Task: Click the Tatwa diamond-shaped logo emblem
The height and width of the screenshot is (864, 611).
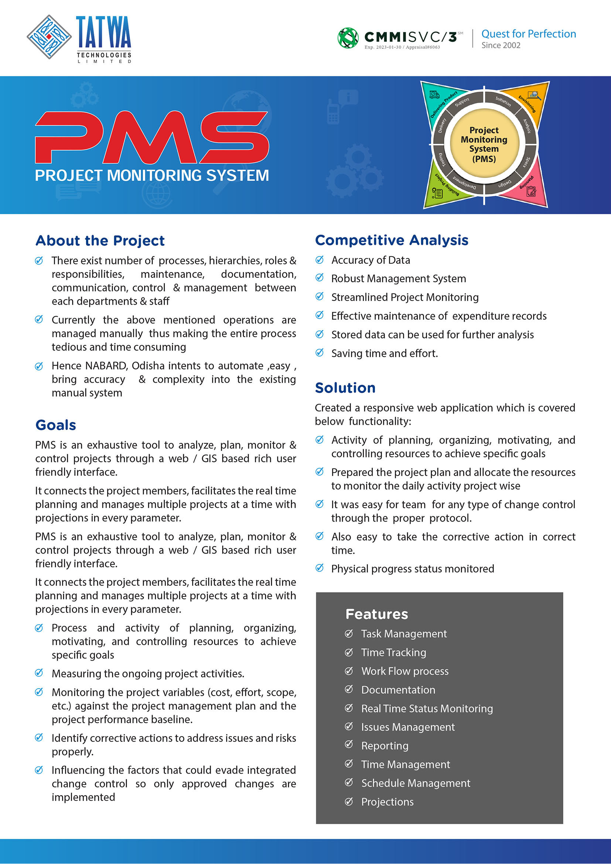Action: tap(49, 37)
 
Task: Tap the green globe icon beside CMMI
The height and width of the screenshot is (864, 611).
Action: tap(348, 38)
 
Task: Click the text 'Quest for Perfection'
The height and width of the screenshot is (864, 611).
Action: tap(528, 34)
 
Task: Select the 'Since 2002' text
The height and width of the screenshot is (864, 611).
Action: tap(501, 45)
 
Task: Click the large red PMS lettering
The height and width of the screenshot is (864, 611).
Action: tap(151, 137)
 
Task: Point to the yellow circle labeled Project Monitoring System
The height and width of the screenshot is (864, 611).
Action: tap(484, 144)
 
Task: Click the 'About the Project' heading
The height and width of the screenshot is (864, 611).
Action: tap(100, 241)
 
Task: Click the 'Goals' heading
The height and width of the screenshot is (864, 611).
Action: tap(56, 425)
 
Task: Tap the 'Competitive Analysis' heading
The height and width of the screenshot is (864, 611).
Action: tap(391, 240)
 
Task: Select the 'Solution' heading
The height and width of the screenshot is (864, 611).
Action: tap(345, 388)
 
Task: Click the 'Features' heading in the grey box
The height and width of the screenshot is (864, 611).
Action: tap(376, 614)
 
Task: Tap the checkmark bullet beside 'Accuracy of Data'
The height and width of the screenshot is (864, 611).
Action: tap(320, 260)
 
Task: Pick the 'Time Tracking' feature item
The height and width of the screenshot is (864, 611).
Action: tap(393, 652)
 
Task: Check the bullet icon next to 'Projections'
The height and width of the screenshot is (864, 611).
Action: tap(349, 802)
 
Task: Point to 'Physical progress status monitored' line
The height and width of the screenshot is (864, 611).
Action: tap(412, 568)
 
